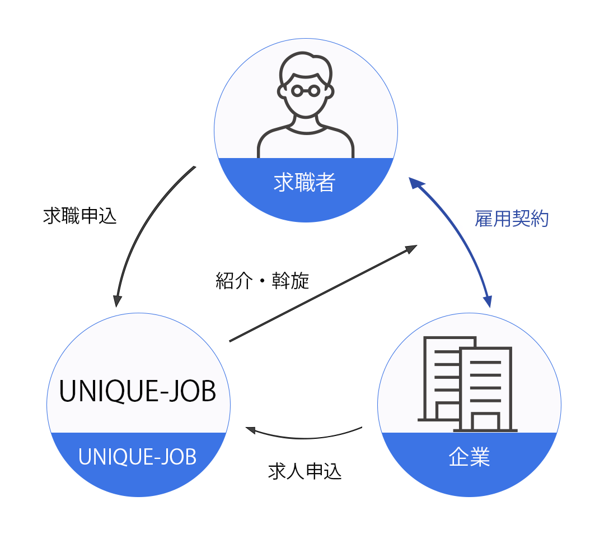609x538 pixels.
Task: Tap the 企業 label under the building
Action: coord(469,457)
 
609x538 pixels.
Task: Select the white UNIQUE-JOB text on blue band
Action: coord(138,457)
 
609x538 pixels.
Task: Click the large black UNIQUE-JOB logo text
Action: coord(138,392)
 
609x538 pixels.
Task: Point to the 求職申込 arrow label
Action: coord(80,216)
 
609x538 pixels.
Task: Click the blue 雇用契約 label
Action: coord(512,219)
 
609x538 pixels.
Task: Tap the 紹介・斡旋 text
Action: coord(263,281)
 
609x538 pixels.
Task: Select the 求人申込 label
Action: coord(305,471)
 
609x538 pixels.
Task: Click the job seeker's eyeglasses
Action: coord(306,90)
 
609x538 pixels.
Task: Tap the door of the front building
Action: coord(485,422)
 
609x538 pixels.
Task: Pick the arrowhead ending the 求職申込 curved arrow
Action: coord(117,300)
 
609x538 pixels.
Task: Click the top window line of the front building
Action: coord(485,363)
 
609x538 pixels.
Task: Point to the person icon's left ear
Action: coord(282,91)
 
